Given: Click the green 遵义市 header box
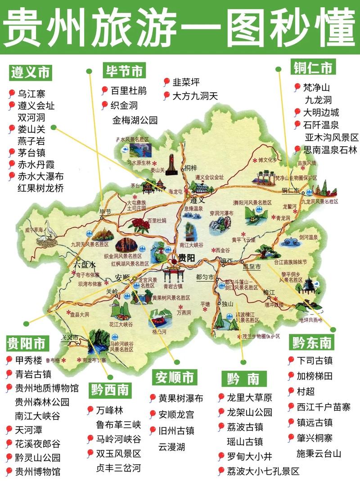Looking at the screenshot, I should (31, 72).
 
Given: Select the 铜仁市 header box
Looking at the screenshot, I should (313, 67).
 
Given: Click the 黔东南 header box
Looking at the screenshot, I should (312, 343).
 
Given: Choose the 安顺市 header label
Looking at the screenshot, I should (175, 377).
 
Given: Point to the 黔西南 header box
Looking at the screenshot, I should (110, 390).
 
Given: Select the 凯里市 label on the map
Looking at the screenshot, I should (252, 266).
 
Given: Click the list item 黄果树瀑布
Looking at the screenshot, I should (180, 398).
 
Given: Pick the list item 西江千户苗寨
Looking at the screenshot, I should (323, 407).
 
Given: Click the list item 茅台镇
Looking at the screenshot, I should (31, 153).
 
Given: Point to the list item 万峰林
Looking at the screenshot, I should (109, 410).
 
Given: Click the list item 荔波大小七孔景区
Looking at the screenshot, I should (263, 471).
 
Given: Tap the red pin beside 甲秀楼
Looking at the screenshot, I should (9, 360).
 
